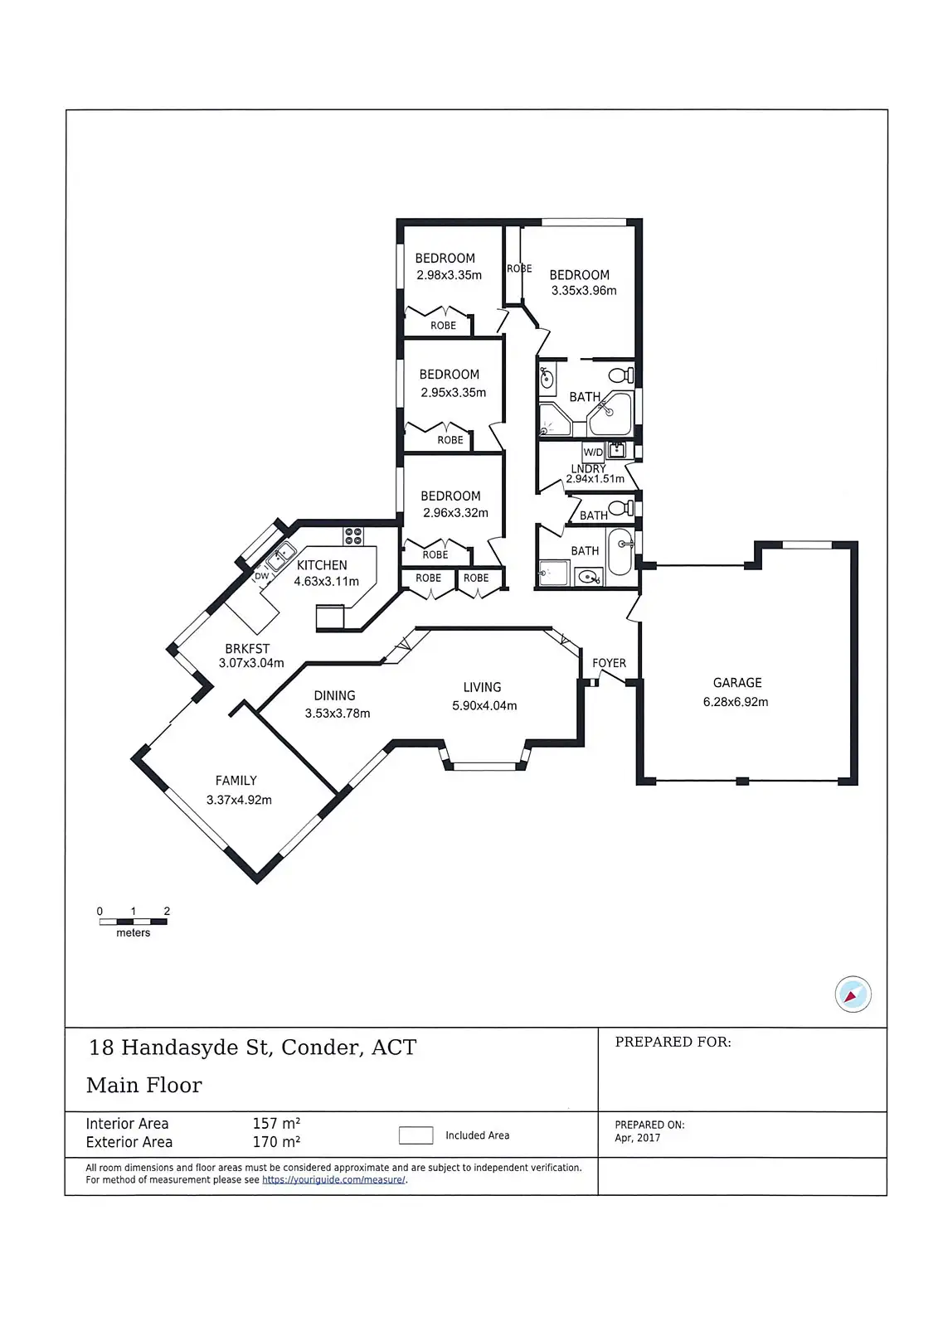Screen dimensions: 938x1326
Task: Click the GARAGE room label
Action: (x=736, y=683)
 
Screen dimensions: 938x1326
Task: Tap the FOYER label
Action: (x=609, y=663)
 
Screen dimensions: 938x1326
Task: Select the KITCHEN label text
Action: (x=322, y=565)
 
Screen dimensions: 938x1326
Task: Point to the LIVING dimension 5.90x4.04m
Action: (x=484, y=706)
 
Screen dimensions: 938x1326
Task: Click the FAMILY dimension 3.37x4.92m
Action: (x=239, y=800)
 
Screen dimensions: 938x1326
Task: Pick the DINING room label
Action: (x=334, y=696)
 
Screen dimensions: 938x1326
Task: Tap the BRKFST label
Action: (x=247, y=649)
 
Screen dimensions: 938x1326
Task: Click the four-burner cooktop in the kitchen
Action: (x=353, y=536)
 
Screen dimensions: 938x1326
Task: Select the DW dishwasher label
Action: (x=262, y=576)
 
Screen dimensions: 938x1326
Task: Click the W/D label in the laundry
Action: (x=593, y=452)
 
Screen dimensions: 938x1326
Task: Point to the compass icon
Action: (x=853, y=994)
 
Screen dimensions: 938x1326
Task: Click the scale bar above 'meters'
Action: (x=133, y=921)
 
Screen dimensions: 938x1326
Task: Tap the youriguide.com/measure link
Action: (x=333, y=1180)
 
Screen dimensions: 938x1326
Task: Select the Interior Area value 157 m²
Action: (x=276, y=1124)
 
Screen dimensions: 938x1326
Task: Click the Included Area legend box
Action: (x=416, y=1135)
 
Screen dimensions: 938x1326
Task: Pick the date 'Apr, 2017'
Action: (x=638, y=1138)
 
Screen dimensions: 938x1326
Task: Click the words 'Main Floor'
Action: (x=144, y=1086)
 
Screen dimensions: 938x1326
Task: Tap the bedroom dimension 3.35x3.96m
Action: (x=584, y=291)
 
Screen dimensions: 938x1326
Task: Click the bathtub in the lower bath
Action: (x=620, y=553)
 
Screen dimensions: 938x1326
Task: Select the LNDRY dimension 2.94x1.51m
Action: (x=595, y=479)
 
